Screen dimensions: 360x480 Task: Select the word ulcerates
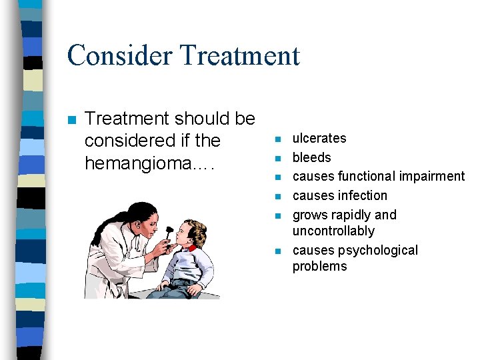tap(319, 139)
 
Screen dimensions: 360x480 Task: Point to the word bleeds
tap(311, 158)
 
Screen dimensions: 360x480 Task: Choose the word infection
tap(363, 196)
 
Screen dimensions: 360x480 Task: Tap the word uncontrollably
tap(333, 231)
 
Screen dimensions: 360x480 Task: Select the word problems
tap(319, 267)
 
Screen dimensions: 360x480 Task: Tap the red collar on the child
tap(192, 247)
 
